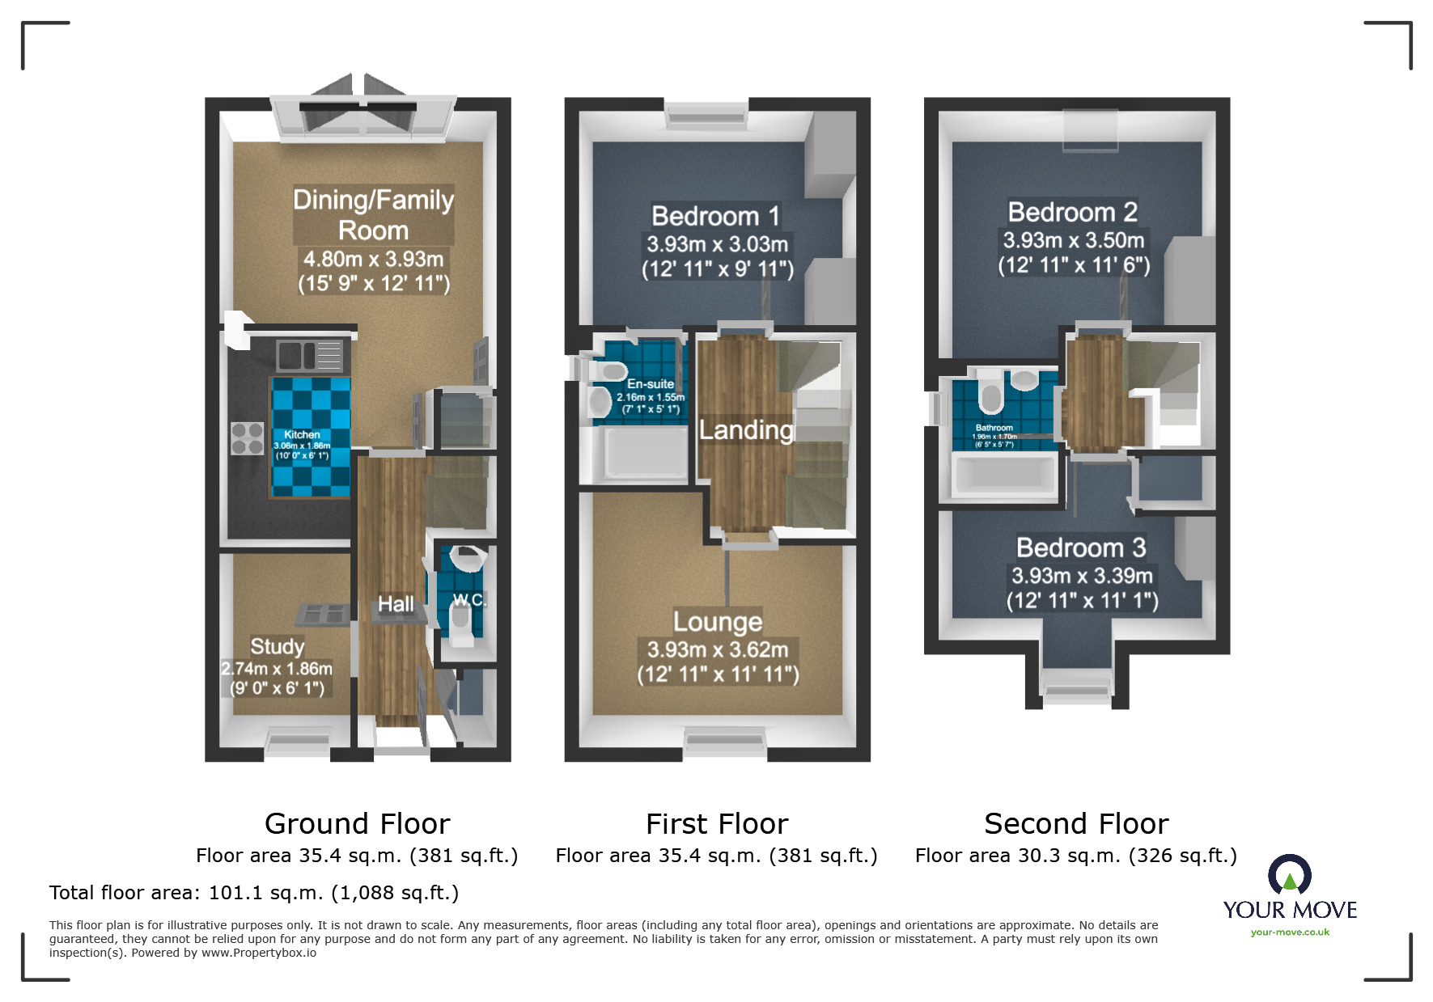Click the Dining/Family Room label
point(373,215)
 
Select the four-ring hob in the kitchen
point(248,438)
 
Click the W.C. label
point(468,599)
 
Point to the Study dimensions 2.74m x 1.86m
point(277,669)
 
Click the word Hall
point(396,604)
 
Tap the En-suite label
point(650,384)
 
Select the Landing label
point(746,429)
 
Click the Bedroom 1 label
point(716,216)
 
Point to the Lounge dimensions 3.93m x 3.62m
point(718,649)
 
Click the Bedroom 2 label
point(1073,212)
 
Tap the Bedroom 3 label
point(1081,548)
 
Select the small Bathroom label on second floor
point(994,428)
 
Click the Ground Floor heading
point(357,823)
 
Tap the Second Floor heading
point(1076,823)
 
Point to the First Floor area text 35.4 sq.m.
point(716,856)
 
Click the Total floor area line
point(254,893)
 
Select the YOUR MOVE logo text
point(1290,910)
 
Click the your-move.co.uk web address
point(1290,932)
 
